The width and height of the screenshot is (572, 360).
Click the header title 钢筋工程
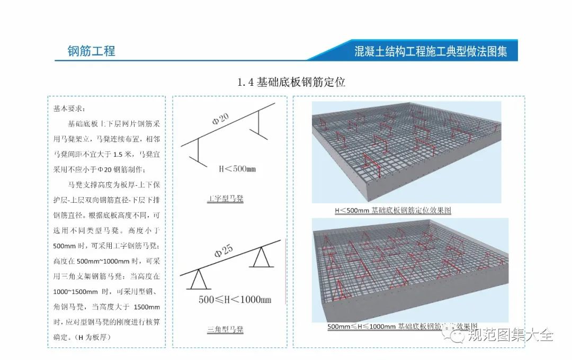coord(91,51)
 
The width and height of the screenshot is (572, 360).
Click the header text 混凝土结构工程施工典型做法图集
coord(431,51)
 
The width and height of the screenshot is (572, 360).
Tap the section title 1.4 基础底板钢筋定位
coord(291,82)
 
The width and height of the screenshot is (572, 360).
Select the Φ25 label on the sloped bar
coord(225,251)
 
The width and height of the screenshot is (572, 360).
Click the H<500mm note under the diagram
coord(237,169)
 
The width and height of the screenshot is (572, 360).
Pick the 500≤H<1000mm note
coord(235,300)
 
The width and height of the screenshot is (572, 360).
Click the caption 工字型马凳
coord(225,200)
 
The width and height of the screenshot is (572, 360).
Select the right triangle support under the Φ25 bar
coord(259,258)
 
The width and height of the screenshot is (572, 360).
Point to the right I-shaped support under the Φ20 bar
coord(260,124)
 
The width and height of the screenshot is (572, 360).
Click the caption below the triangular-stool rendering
coord(402,327)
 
